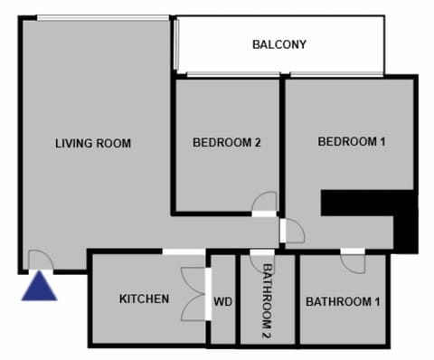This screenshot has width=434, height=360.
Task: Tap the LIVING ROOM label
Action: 93,143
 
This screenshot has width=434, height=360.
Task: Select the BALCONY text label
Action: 279,44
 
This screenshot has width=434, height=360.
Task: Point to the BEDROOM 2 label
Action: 227,142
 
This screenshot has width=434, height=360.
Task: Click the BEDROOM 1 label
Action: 352,141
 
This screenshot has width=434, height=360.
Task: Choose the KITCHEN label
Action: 144,298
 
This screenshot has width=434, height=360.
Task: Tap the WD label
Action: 223,302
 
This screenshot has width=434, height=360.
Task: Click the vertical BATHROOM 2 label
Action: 267,300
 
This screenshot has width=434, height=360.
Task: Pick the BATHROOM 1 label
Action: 343,301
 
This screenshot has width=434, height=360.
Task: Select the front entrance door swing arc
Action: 40,260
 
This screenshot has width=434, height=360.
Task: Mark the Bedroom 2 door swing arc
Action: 264,203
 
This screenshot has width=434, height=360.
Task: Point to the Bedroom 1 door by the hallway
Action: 293,232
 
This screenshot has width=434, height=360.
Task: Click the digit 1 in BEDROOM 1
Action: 382,141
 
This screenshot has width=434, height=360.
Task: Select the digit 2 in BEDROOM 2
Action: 258,142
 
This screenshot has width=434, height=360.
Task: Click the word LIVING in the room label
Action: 71,143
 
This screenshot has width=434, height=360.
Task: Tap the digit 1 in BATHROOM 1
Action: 376,301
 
